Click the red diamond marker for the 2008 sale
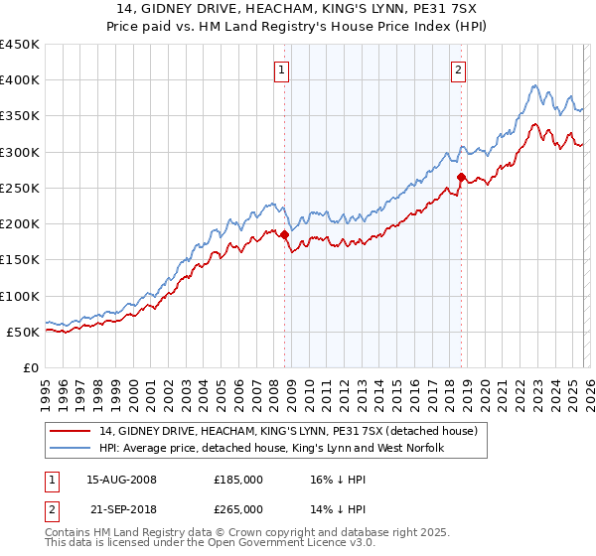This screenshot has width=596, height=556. click(284, 235)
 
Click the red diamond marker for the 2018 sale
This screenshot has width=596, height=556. click(461, 178)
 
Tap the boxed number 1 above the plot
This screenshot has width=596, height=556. click(282, 70)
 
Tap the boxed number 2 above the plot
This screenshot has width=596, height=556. click(458, 70)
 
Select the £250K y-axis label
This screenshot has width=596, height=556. click(20, 188)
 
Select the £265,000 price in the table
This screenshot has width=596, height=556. click(238, 508)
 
